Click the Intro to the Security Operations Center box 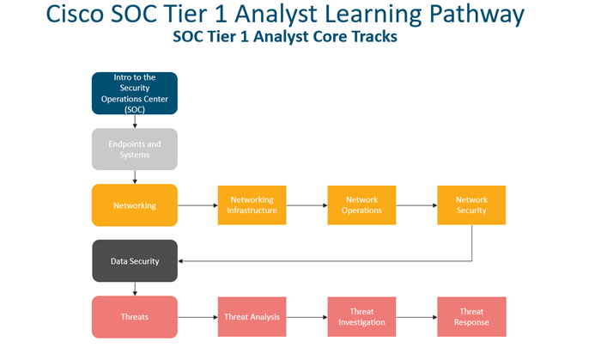[135, 93]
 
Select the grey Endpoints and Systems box [135, 149]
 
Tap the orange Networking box [135, 205]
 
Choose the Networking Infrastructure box [252, 205]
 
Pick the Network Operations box [361, 205]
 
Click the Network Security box [471, 205]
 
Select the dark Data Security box [135, 260]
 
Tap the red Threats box [135, 317]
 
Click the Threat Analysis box [252, 317]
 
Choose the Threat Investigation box [361, 317]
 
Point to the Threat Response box [471, 317]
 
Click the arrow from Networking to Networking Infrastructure [197, 205]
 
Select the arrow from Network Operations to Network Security [417, 205]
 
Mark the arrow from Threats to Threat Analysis [197, 317]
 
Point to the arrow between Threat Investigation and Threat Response [417, 317]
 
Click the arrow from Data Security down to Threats [135, 289]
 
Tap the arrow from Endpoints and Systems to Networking [135, 177]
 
